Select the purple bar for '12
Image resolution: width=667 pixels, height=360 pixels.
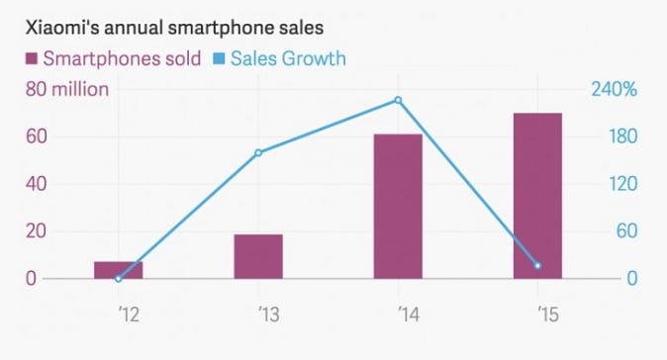119,270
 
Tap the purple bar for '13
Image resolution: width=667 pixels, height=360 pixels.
258,256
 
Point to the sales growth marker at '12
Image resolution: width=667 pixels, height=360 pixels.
119,279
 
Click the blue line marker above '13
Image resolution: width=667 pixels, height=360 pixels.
258,152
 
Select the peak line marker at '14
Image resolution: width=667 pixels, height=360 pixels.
398,100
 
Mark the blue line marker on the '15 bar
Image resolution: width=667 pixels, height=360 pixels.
537,266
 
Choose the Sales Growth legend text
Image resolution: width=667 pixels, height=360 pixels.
288,58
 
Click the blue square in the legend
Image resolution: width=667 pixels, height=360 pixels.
219,58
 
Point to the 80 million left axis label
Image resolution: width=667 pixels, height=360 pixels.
66,90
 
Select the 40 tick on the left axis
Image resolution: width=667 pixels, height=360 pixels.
37,184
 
